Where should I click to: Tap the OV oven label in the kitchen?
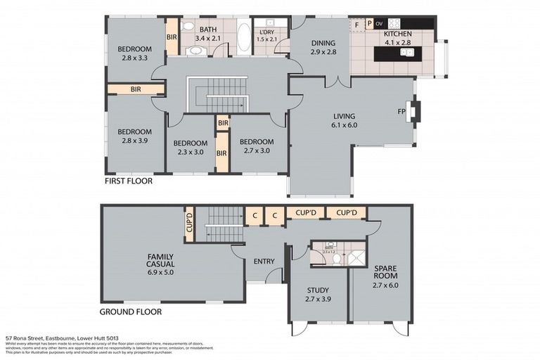(x=379, y=23)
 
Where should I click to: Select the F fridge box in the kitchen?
(x=356, y=24)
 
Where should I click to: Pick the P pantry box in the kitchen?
(x=368, y=24)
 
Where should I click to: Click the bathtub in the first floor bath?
(x=243, y=37)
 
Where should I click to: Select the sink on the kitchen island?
(x=406, y=51)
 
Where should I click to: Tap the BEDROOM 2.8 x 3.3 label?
(x=134, y=53)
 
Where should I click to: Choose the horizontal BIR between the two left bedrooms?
(x=136, y=89)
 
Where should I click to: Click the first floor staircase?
(x=217, y=96)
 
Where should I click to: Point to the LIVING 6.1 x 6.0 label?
(x=345, y=120)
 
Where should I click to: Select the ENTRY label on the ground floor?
(x=264, y=262)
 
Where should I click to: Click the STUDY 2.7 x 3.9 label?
(x=318, y=294)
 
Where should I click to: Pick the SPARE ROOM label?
(x=385, y=272)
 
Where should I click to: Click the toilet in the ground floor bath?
(x=336, y=258)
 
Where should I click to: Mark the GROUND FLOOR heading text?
(x=130, y=311)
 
